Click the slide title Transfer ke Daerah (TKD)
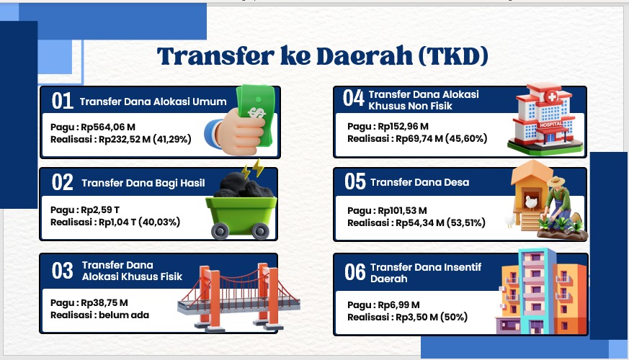tap(322, 56)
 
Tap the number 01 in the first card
tap(62, 101)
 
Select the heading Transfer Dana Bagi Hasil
tap(143, 183)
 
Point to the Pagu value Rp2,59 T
tap(100, 210)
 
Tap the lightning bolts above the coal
tap(253, 168)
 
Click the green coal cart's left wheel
tap(220, 231)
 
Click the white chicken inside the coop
tap(531, 202)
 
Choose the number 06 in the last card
tap(355, 272)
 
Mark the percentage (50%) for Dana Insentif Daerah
tap(454, 317)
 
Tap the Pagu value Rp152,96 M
tap(403, 126)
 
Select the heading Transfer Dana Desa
tap(419, 182)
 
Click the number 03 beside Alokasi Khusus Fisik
tap(62, 271)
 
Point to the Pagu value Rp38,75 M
tap(104, 302)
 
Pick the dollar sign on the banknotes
tap(256, 112)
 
